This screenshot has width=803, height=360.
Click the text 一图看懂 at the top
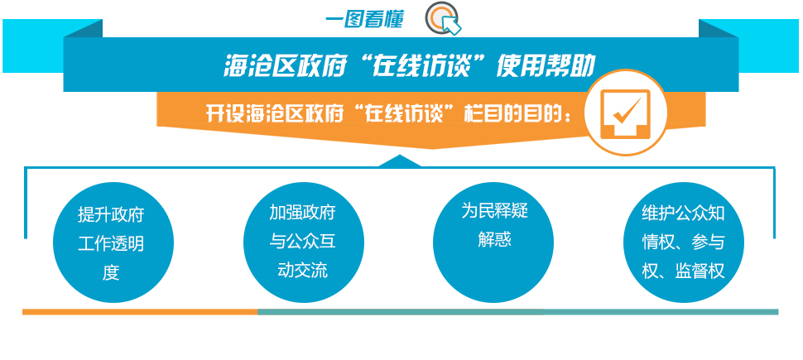[364, 20]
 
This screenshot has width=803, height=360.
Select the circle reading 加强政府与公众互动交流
[303, 243]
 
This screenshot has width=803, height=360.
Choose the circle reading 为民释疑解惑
[493, 243]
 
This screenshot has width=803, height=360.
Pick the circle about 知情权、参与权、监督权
[683, 243]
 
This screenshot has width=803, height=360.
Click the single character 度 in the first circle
[111, 273]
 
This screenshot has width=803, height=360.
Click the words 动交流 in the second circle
[302, 270]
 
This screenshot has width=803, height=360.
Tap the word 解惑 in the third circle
[495, 239]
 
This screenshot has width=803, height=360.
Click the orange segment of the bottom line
[140, 311]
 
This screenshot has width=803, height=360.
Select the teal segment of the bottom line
[517, 311]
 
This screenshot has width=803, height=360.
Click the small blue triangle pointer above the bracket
[400, 161]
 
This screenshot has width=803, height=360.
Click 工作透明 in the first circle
[111, 244]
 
